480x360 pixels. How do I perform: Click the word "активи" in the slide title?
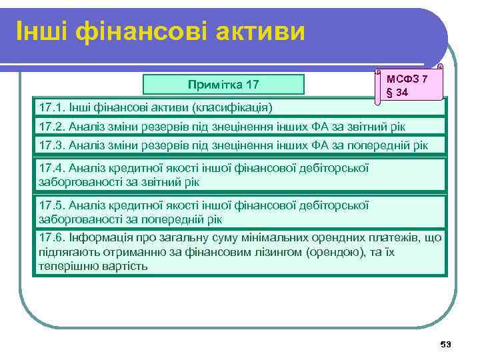coord(256,31)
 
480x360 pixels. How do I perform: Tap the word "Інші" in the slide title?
coord(42,31)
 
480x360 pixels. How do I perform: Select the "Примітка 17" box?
coord(223,84)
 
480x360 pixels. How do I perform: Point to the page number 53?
coord(446,344)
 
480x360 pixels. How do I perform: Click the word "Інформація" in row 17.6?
coord(98,238)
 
